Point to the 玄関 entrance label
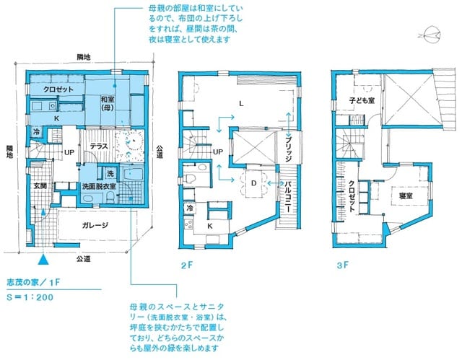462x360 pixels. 39,186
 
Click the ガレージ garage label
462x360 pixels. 95,225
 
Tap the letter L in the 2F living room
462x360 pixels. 240,104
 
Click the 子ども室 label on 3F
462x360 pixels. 362,101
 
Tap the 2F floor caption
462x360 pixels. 186,265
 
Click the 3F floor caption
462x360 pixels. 342,265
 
